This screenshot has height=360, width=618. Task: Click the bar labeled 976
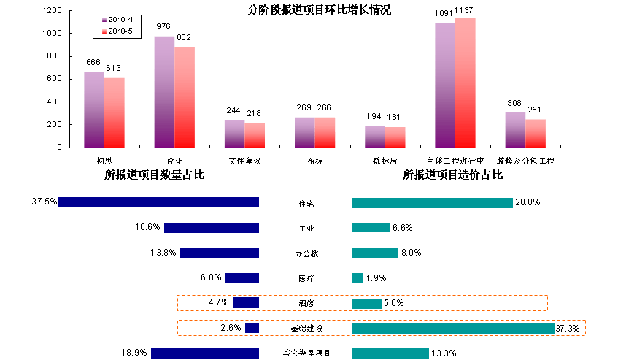pos(164,91)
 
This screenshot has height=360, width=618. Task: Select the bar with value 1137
pos(465,83)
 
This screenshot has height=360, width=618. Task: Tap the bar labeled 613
pos(114,112)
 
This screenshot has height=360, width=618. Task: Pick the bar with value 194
pos(374,136)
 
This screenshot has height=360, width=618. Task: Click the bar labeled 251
pos(536,133)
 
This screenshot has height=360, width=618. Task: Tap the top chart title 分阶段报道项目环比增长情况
pos(320,10)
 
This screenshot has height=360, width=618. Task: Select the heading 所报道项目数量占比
pos(154,175)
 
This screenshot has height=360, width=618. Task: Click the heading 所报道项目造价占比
pos(452,175)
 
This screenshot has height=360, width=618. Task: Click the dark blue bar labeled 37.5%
pos(158,202)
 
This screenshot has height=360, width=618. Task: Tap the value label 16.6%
pos(147,228)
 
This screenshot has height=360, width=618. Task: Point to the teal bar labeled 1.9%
pos(358,278)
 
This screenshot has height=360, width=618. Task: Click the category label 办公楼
pos(306,253)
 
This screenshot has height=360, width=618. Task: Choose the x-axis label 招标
pos(314,160)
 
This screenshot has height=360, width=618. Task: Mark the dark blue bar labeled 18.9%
pos(205,353)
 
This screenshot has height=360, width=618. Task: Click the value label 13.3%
pos(444,353)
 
